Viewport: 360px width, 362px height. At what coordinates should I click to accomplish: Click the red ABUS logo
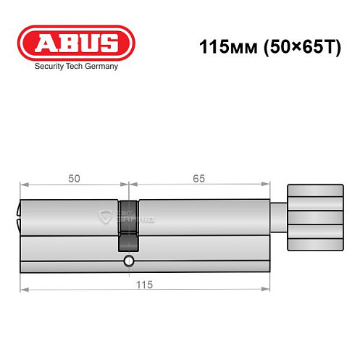coord(76,43)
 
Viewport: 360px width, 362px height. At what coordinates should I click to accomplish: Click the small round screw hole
coord(128,260)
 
